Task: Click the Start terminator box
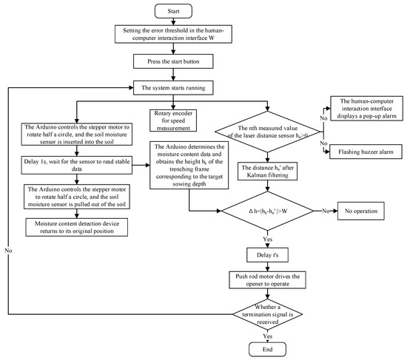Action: tap(173, 11)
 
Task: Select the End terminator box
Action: tap(267, 350)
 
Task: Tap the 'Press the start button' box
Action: tap(173, 61)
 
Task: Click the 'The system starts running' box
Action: tap(173, 88)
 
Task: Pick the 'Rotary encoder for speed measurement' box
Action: tap(173, 120)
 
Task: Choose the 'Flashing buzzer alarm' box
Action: tap(366, 152)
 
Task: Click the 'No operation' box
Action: tap(361, 211)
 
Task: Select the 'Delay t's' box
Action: tap(267, 255)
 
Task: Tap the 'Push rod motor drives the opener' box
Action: tap(267, 280)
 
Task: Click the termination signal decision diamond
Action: tap(267, 314)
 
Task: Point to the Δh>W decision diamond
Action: tap(267, 211)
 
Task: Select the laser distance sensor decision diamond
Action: tap(267, 132)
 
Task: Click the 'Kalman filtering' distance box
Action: tap(267, 171)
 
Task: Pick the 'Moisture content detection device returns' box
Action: tap(76, 227)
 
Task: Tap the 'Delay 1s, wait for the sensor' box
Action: tap(76, 165)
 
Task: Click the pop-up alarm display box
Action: tap(366, 109)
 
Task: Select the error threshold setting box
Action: tap(173, 34)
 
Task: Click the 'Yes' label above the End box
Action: tap(268, 336)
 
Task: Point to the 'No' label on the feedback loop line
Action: tap(8, 251)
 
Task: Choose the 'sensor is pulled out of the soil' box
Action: tap(76, 197)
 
